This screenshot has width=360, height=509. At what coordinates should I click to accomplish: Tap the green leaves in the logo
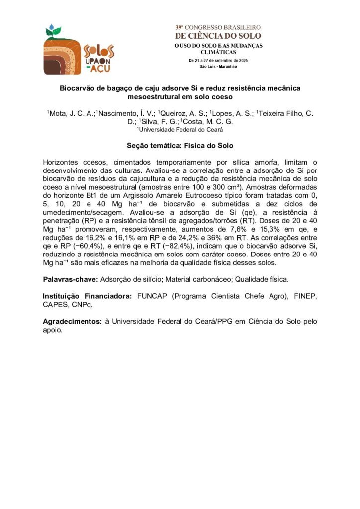[x=53, y=32]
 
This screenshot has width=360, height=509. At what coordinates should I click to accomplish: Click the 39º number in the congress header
[x=180, y=27]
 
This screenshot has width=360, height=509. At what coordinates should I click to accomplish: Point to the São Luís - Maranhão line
[x=218, y=66]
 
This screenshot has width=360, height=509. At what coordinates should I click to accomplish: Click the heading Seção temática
[x=152, y=146]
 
